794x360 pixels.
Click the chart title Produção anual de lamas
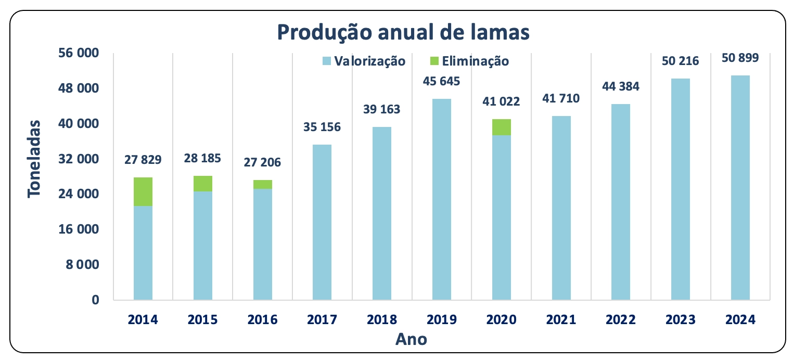[403, 32]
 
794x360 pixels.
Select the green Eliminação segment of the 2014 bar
[143, 192]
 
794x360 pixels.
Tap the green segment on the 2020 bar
[502, 127]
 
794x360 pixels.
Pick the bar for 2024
[740, 188]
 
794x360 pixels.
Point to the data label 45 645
[442, 82]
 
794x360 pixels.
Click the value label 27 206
[263, 162]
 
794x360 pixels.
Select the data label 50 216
[681, 61]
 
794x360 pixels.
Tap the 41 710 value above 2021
[561, 98]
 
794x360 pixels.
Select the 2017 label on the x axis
[322, 320]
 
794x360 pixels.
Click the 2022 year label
[621, 320]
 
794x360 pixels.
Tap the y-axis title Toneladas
[34, 158]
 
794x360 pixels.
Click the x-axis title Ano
[411, 339]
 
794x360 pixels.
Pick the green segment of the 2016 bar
[263, 185]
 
